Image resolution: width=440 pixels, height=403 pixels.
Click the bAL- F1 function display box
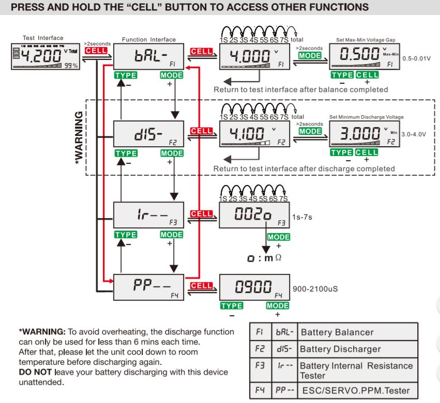click(x=148, y=56)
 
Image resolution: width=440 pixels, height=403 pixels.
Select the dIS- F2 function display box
click(x=148, y=135)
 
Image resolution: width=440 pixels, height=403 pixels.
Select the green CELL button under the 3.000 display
click(x=367, y=152)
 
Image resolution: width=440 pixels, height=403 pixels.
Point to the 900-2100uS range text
click(x=315, y=288)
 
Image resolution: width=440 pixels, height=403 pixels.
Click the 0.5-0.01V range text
click(x=416, y=58)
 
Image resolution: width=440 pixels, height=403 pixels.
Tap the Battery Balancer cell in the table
click(x=337, y=332)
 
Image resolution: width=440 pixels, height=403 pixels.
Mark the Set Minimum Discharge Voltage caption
click(x=366, y=117)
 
